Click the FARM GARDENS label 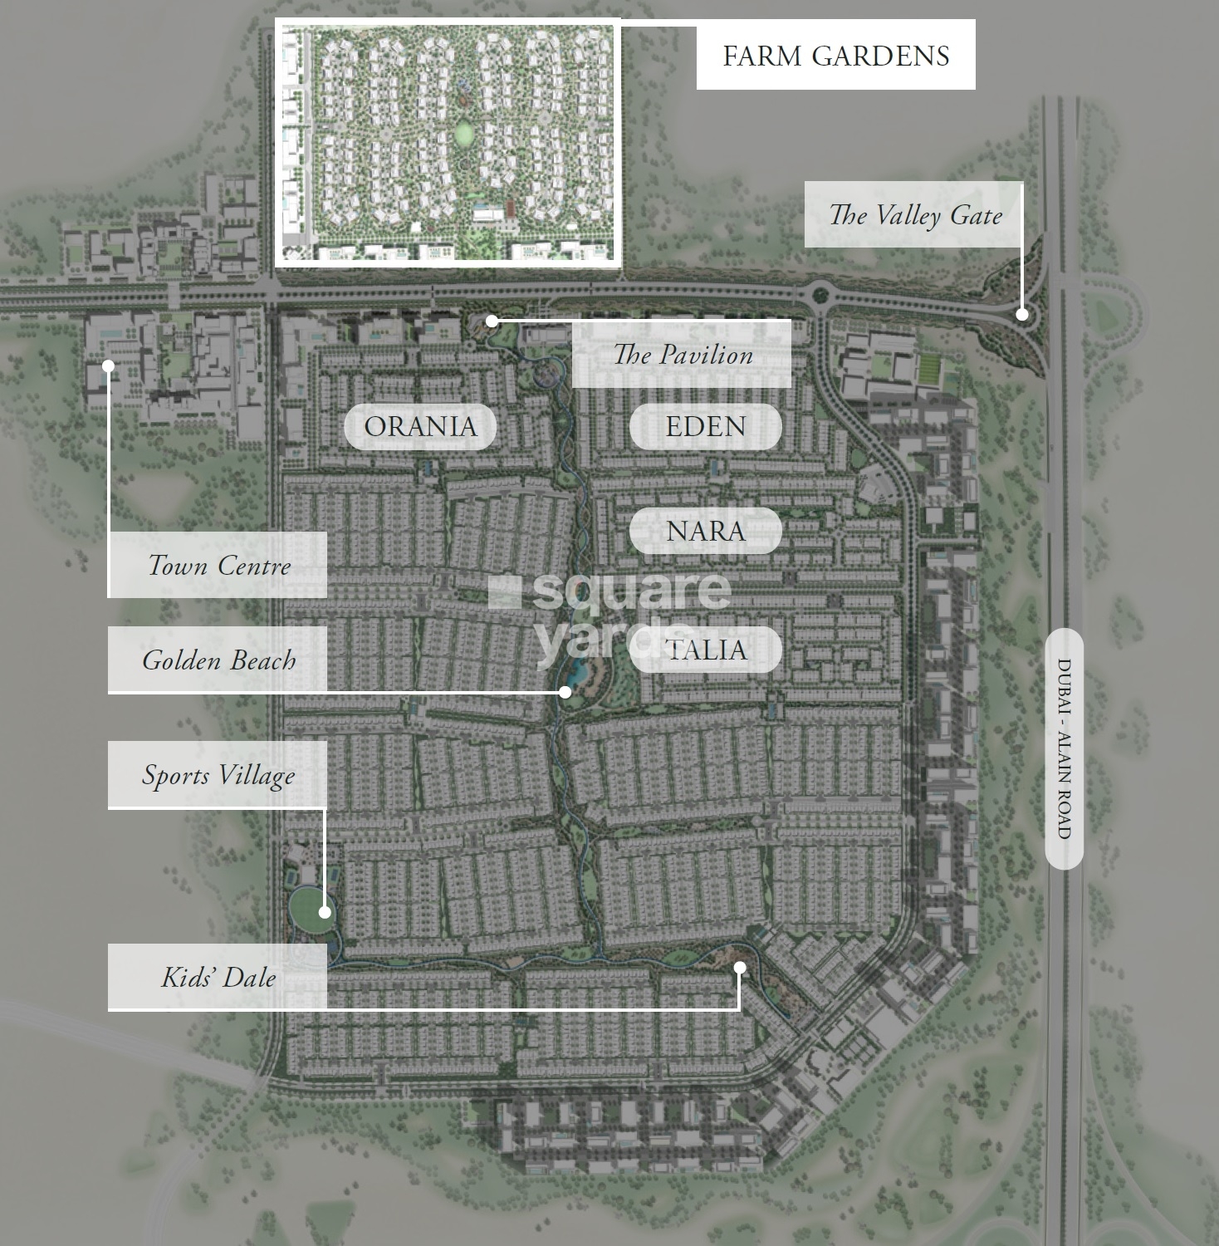click(x=835, y=56)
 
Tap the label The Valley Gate click(x=914, y=215)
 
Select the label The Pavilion click(x=683, y=355)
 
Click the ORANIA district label click(x=420, y=426)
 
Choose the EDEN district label click(x=705, y=426)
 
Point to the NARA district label click(x=705, y=531)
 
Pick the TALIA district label click(x=705, y=650)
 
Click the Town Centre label click(x=218, y=566)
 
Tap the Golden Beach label click(x=218, y=660)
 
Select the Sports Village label click(x=218, y=775)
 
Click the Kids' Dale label click(x=218, y=977)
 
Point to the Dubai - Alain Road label click(x=1064, y=748)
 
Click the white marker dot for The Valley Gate click(x=1022, y=314)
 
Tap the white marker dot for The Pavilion click(x=492, y=321)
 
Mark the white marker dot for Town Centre click(x=108, y=365)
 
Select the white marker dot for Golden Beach click(x=565, y=691)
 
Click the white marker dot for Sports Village click(x=325, y=912)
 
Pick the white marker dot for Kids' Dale click(x=740, y=967)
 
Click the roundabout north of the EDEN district click(x=821, y=292)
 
